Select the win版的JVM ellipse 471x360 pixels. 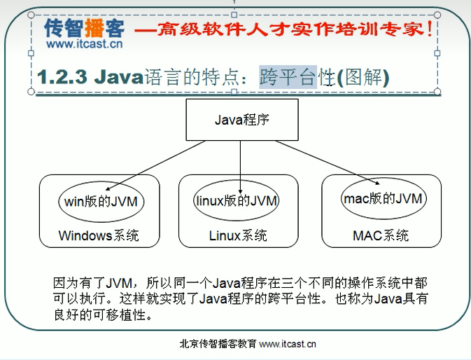click(x=100, y=201)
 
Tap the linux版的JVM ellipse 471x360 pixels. click(x=236, y=201)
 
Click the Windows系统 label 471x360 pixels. click(x=99, y=235)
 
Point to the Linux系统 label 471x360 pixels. click(x=238, y=235)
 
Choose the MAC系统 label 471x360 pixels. click(x=381, y=235)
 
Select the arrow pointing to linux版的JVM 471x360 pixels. click(x=240, y=166)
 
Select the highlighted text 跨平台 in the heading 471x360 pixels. click(x=288, y=76)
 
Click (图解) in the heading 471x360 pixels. click(x=363, y=76)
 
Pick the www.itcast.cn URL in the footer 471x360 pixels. click(x=287, y=344)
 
